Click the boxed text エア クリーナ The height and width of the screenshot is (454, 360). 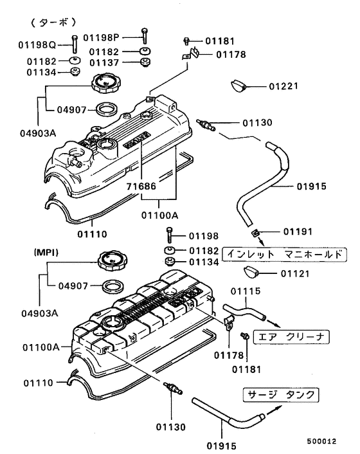click(291, 336)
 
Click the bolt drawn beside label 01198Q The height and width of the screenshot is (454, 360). click(75, 44)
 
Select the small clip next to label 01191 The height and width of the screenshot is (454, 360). click(255, 232)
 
